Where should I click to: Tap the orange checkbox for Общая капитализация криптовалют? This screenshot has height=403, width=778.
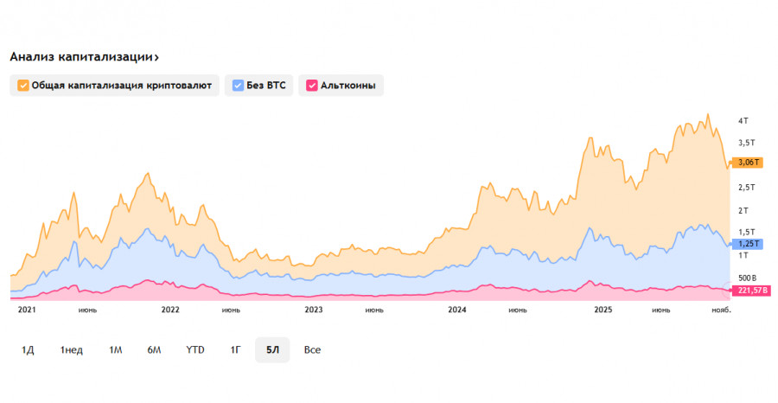(22, 86)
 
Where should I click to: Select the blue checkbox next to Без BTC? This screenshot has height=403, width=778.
(239, 86)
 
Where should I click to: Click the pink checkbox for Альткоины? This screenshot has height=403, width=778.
(311, 86)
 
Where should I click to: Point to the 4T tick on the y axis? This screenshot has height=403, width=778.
(743, 120)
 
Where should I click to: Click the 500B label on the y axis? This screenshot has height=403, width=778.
(747, 278)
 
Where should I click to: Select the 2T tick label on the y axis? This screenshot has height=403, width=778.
(743, 210)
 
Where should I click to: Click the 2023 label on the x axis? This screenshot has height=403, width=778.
(314, 309)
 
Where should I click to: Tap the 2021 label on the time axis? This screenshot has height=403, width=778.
(27, 309)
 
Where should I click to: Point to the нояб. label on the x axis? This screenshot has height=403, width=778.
(721, 309)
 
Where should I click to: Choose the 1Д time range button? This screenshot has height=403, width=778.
(28, 349)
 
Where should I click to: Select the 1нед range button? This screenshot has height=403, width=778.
(72, 349)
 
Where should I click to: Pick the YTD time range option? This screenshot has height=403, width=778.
(195, 349)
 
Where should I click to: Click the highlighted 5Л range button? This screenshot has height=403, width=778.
(272, 349)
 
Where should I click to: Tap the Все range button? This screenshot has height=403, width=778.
(312, 349)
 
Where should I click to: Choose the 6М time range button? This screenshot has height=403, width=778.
(155, 349)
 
